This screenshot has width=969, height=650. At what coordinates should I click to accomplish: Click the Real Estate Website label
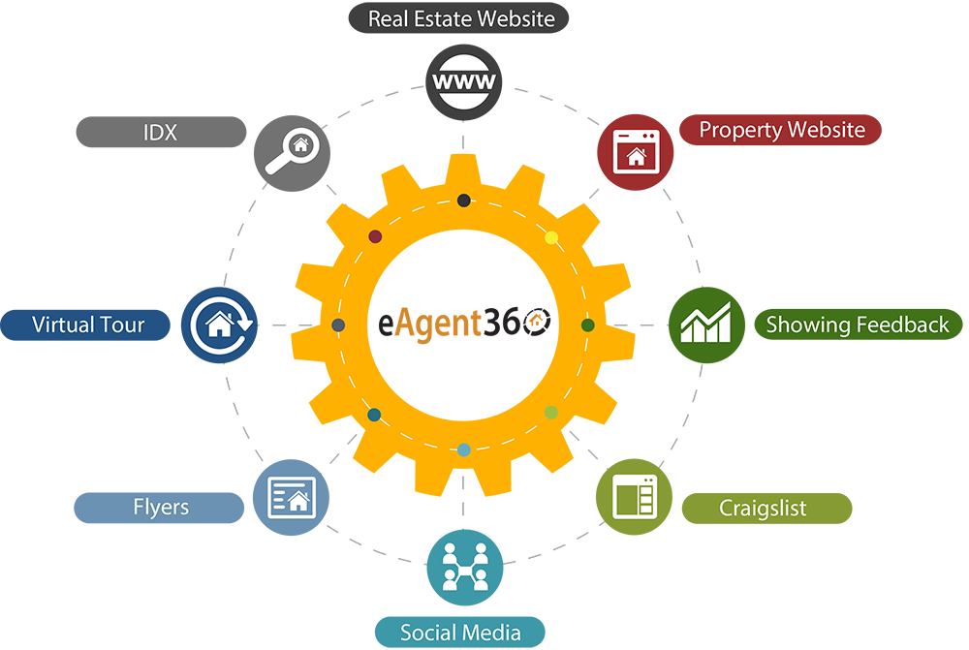pyautogui.click(x=461, y=18)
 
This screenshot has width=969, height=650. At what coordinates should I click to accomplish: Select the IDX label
pyautogui.click(x=160, y=133)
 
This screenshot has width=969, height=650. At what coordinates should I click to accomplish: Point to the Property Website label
pyautogui.click(x=782, y=130)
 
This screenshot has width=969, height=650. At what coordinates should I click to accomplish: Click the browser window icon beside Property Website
pyautogui.click(x=636, y=152)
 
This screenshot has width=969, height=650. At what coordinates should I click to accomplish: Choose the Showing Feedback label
pyautogui.click(x=858, y=325)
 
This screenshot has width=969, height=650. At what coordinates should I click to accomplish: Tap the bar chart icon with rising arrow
pyautogui.click(x=705, y=323)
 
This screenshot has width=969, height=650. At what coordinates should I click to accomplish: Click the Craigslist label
pyautogui.click(x=763, y=509)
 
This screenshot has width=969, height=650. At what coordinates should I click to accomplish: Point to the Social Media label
pyautogui.click(x=460, y=634)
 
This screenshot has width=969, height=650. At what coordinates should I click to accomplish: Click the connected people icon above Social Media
pyautogui.click(x=463, y=568)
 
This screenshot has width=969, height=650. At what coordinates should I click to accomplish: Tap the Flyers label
pyautogui.click(x=161, y=507)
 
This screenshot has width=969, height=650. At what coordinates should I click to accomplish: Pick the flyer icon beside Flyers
pyautogui.click(x=292, y=497)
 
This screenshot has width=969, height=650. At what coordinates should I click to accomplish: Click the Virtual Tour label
pyautogui.click(x=88, y=325)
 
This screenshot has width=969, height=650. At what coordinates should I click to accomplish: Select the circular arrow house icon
pyautogui.click(x=221, y=325)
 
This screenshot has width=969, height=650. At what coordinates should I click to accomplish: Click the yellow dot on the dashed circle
pyautogui.click(x=551, y=237)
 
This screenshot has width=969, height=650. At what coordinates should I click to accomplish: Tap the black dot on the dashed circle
pyautogui.click(x=464, y=201)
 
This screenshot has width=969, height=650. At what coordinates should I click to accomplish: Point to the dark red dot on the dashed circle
pyautogui.click(x=376, y=236)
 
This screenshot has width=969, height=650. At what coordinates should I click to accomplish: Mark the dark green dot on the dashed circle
pyautogui.click(x=587, y=325)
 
